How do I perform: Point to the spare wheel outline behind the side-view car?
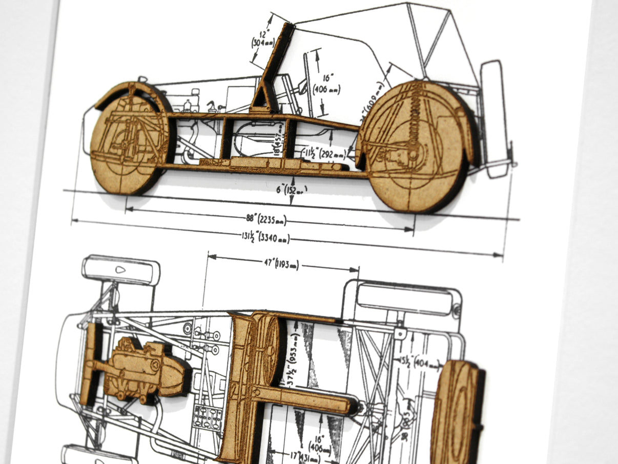click(495, 118)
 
